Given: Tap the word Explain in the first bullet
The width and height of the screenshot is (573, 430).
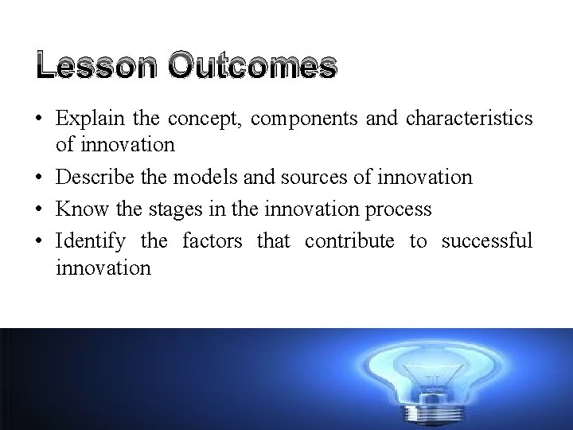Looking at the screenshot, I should pos(84,119).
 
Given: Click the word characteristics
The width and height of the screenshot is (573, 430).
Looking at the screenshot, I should pos(470,119).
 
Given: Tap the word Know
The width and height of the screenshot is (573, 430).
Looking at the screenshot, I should pos(76,209).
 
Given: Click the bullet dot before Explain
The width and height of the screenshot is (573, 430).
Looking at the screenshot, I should pos(38,119).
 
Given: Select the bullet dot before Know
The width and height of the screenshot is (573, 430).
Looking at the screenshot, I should pos(38,209).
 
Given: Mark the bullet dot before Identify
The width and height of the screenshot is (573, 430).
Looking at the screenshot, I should pos(38,240).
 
